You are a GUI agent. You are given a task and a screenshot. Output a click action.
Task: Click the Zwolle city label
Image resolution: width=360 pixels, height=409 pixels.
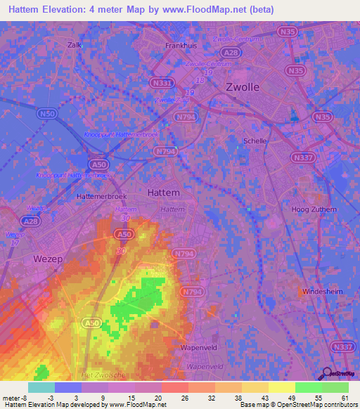click(x=243, y=87)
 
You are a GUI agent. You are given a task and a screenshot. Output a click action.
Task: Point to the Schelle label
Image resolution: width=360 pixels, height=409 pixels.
click(x=255, y=141)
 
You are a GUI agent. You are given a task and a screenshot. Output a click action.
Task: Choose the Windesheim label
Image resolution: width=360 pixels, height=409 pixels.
click(x=324, y=291)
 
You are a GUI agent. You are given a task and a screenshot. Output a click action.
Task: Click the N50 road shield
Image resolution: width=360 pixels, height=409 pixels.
click(x=46, y=113)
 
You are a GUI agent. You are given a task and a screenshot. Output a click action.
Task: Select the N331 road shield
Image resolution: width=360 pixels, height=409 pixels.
click(x=160, y=83)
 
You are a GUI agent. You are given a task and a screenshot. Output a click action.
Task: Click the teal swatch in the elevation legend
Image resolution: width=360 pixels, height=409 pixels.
click(x=41, y=387)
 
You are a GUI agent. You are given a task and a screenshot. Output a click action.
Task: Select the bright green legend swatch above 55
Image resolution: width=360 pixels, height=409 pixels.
click(x=308, y=387)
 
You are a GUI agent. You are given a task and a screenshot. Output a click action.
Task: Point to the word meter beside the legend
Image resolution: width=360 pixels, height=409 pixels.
click(x=11, y=397)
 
